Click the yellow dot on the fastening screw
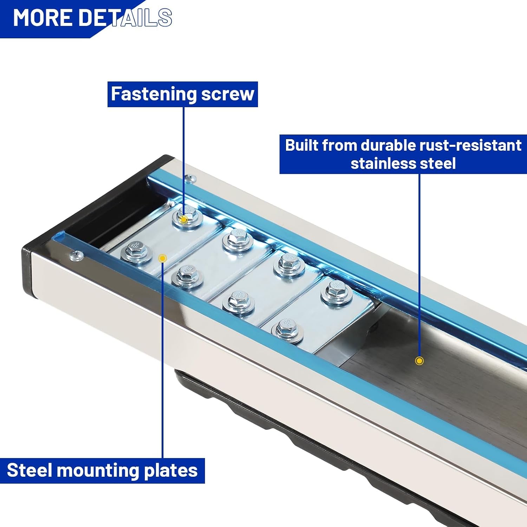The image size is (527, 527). click(x=183, y=220)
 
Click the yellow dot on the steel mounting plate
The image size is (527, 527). click(x=162, y=259)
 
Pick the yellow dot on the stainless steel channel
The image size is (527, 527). click(x=419, y=361)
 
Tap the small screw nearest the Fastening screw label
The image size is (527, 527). click(x=190, y=179)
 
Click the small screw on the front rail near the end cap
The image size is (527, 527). click(x=77, y=256)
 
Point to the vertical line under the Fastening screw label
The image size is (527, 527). click(x=183, y=161)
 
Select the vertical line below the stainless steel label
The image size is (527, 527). click(x=419, y=265)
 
